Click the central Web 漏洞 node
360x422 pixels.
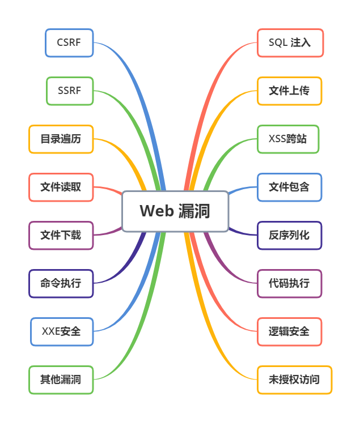(x=175, y=211)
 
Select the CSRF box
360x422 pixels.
(x=69, y=43)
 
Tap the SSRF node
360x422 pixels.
(x=69, y=91)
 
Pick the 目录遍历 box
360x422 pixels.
(x=61, y=139)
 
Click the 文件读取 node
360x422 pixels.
(x=61, y=187)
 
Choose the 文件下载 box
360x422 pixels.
(x=61, y=235)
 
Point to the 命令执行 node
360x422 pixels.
(x=61, y=283)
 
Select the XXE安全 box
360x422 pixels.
(x=61, y=331)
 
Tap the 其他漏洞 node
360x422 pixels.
(x=61, y=380)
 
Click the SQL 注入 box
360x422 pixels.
(x=290, y=43)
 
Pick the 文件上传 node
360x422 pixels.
(x=290, y=91)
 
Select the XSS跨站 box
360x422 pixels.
(x=288, y=139)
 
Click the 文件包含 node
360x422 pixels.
(x=290, y=187)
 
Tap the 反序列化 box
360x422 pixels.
(x=290, y=235)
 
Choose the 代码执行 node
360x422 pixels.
(x=290, y=283)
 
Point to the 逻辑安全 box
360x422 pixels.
(x=290, y=331)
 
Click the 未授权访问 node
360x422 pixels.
(x=294, y=380)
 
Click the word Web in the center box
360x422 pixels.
(x=156, y=211)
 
